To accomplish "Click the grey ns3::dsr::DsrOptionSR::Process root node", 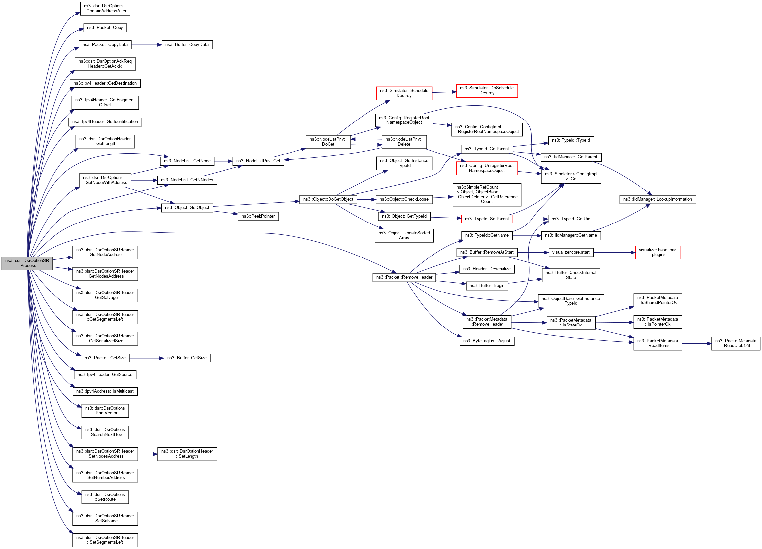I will point(27,263).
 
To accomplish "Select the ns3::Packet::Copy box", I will point(105,27).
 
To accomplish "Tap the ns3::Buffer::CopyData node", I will point(187,44).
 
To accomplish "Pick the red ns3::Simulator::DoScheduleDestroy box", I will point(487,91).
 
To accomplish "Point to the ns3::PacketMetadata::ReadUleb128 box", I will point(736,343).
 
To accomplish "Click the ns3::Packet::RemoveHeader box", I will point(404,277).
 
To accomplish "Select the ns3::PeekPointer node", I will point(258,216).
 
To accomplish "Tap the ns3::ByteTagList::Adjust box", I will point(487,341).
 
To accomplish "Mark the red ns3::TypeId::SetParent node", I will point(487,219).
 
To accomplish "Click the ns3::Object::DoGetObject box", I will point(328,199).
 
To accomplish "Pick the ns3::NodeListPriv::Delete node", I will point(404,141).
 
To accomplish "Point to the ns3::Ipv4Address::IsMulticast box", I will point(105,391).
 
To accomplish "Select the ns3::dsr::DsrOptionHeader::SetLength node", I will point(187,454).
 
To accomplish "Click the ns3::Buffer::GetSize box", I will point(187,358).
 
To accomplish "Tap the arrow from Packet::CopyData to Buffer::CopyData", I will point(147,44).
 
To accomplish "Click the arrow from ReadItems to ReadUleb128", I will point(697,344).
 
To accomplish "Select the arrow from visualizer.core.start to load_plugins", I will point(614,252).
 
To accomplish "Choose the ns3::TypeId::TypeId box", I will point(571,140).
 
